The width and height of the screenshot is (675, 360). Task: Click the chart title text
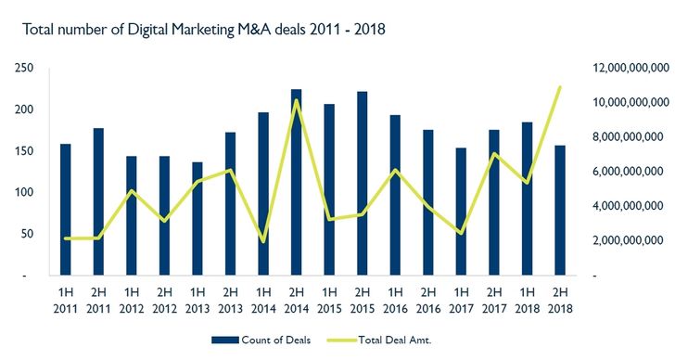(x=203, y=30)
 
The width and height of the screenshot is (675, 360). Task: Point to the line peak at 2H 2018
(x=559, y=87)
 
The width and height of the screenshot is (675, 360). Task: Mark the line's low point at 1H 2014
(x=263, y=241)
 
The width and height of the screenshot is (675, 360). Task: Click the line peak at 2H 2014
(x=296, y=100)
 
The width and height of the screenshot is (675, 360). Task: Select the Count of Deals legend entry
(x=268, y=341)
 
